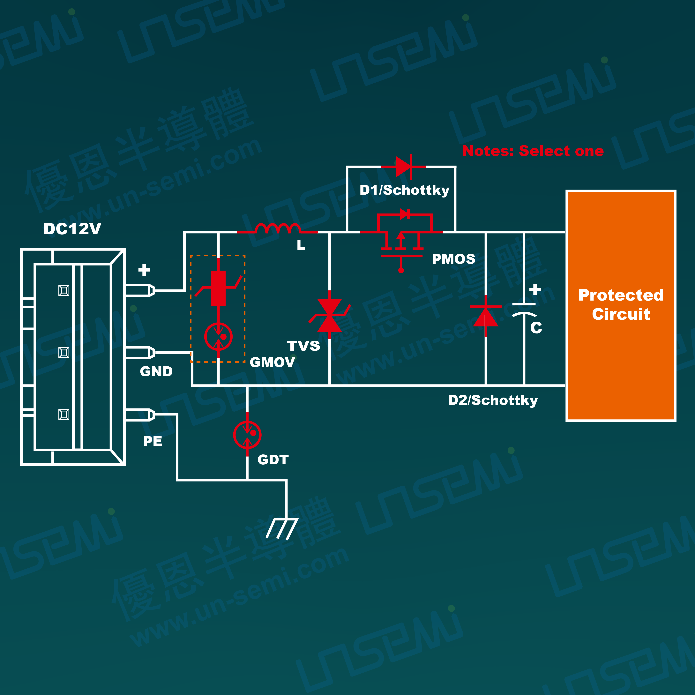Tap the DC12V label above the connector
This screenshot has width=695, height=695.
pyautogui.click(x=72, y=229)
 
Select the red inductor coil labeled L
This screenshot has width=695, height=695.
pyautogui.click(x=277, y=229)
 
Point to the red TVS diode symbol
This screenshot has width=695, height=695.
pyautogui.click(x=330, y=315)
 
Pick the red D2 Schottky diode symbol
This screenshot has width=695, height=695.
pyautogui.click(x=486, y=316)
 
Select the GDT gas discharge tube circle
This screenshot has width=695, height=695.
pyautogui.click(x=247, y=435)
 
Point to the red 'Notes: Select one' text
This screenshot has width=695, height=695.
pyautogui.click(x=533, y=151)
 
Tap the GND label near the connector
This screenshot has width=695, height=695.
pyautogui.click(x=156, y=371)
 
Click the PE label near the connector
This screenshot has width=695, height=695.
pyautogui.click(x=153, y=441)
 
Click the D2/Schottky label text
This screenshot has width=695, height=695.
pyautogui.click(x=493, y=400)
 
